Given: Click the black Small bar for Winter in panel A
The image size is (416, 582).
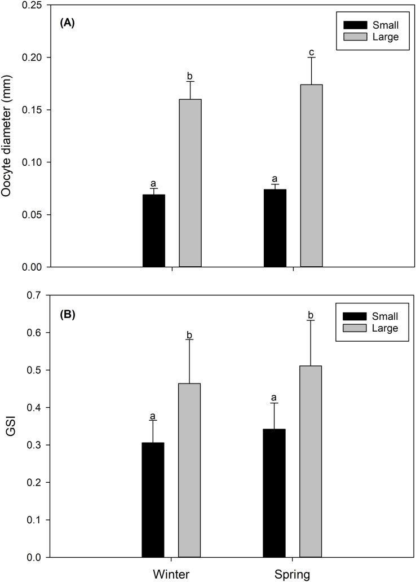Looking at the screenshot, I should tap(153, 231).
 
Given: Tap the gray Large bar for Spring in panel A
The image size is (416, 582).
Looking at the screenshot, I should tap(311, 175).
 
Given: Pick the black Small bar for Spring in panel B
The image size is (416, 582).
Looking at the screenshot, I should tap(274, 493).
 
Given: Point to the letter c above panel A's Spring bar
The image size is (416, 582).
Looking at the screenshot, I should tap(311, 52).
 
